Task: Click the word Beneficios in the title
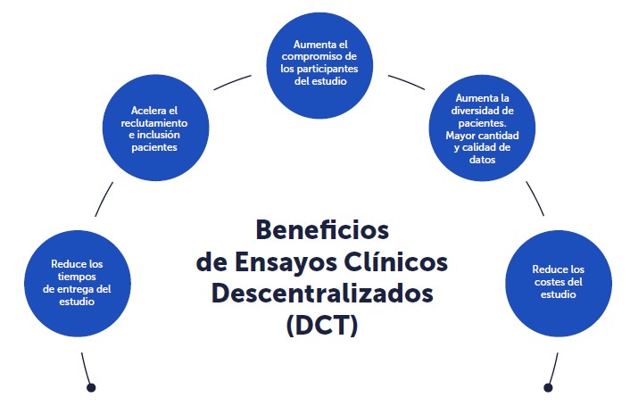[322, 230]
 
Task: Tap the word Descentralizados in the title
[322, 294]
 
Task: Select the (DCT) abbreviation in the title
[322, 326]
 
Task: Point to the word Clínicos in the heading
[396, 261]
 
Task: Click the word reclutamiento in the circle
[154, 122]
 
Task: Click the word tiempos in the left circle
[77, 277]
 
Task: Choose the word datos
[482, 160]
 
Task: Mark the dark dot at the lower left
[91, 387]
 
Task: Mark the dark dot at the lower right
[548, 387]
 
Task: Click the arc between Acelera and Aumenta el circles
[232, 81]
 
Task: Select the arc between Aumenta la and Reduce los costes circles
[536, 198]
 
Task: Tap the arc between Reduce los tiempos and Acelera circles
[104, 199]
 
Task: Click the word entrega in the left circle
[73, 290]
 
